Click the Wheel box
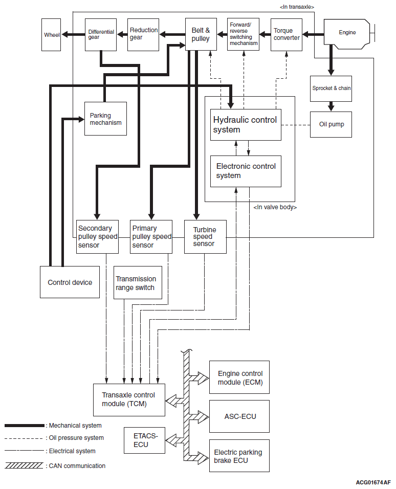(x=51, y=35)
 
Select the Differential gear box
(x=101, y=35)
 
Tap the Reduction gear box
(x=143, y=35)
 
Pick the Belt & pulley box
(x=201, y=34)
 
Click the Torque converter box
(x=287, y=35)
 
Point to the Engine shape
(x=347, y=34)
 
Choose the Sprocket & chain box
(x=331, y=88)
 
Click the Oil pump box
(x=331, y=124)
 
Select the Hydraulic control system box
(x=246, y=125)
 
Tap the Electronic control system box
(x=246, y=171)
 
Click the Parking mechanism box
(x=106, y=119)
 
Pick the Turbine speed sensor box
(x=205, y=237)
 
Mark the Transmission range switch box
(x=138, y=282)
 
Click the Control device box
(x=70, y=282)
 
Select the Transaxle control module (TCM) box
(x=129, y=400)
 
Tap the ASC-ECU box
(x=239, y=416)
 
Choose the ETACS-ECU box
(x=144, y=440)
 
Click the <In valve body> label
(x=275, y=207)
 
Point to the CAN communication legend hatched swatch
(x=24, y=465)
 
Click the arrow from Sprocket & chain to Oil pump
(x=331, y=106)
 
